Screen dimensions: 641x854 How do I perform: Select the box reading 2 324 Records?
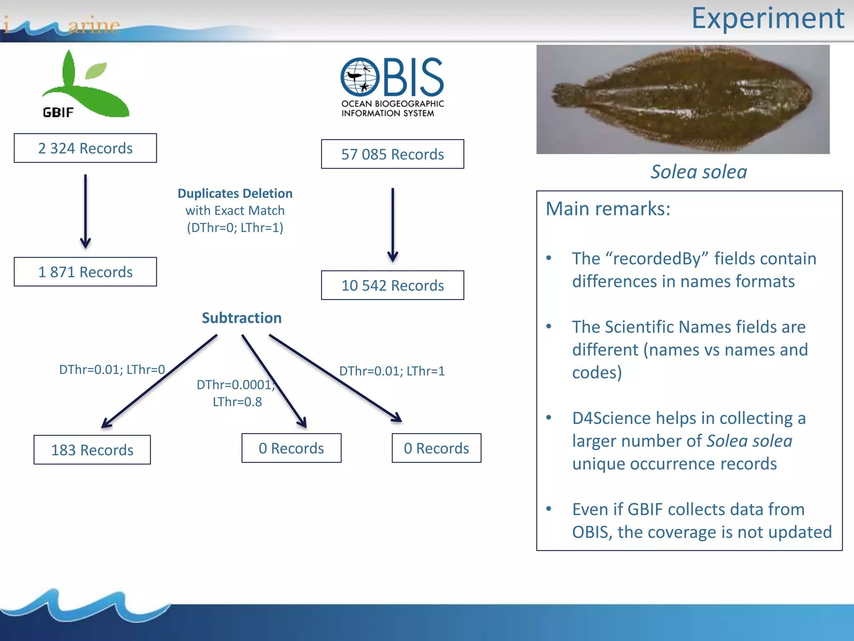point(85,148)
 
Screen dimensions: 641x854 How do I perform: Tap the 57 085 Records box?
point(392,154)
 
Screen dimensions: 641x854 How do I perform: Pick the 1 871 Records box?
point(85,272)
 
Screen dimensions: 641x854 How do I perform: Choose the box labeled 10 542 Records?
point(392,285)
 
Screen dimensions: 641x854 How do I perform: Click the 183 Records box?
point(92,450)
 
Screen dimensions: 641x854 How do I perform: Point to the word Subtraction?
point(241,318)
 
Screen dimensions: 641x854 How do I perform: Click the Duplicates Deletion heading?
point(235,194)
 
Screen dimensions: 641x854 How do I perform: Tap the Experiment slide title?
point(768,18)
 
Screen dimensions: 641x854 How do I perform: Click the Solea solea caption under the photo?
point(699,172)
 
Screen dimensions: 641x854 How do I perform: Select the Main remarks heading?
point(608,209)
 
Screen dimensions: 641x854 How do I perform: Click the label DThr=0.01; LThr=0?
point(112,370)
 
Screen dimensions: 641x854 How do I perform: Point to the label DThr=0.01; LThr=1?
point(392,371)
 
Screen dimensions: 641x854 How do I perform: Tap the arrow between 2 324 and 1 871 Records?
point(85,211)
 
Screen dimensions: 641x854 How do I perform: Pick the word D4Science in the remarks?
point(611,418)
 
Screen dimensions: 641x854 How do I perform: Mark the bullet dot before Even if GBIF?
point(549,509)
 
